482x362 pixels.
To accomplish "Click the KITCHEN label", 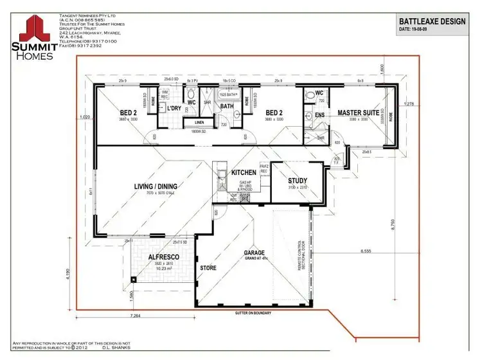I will [x=244, y=173].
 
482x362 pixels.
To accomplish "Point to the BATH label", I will [x=227, y=106].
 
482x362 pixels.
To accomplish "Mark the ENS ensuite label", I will [x=319, y=116].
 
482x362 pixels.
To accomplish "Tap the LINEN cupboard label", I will [x=199, y=122].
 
